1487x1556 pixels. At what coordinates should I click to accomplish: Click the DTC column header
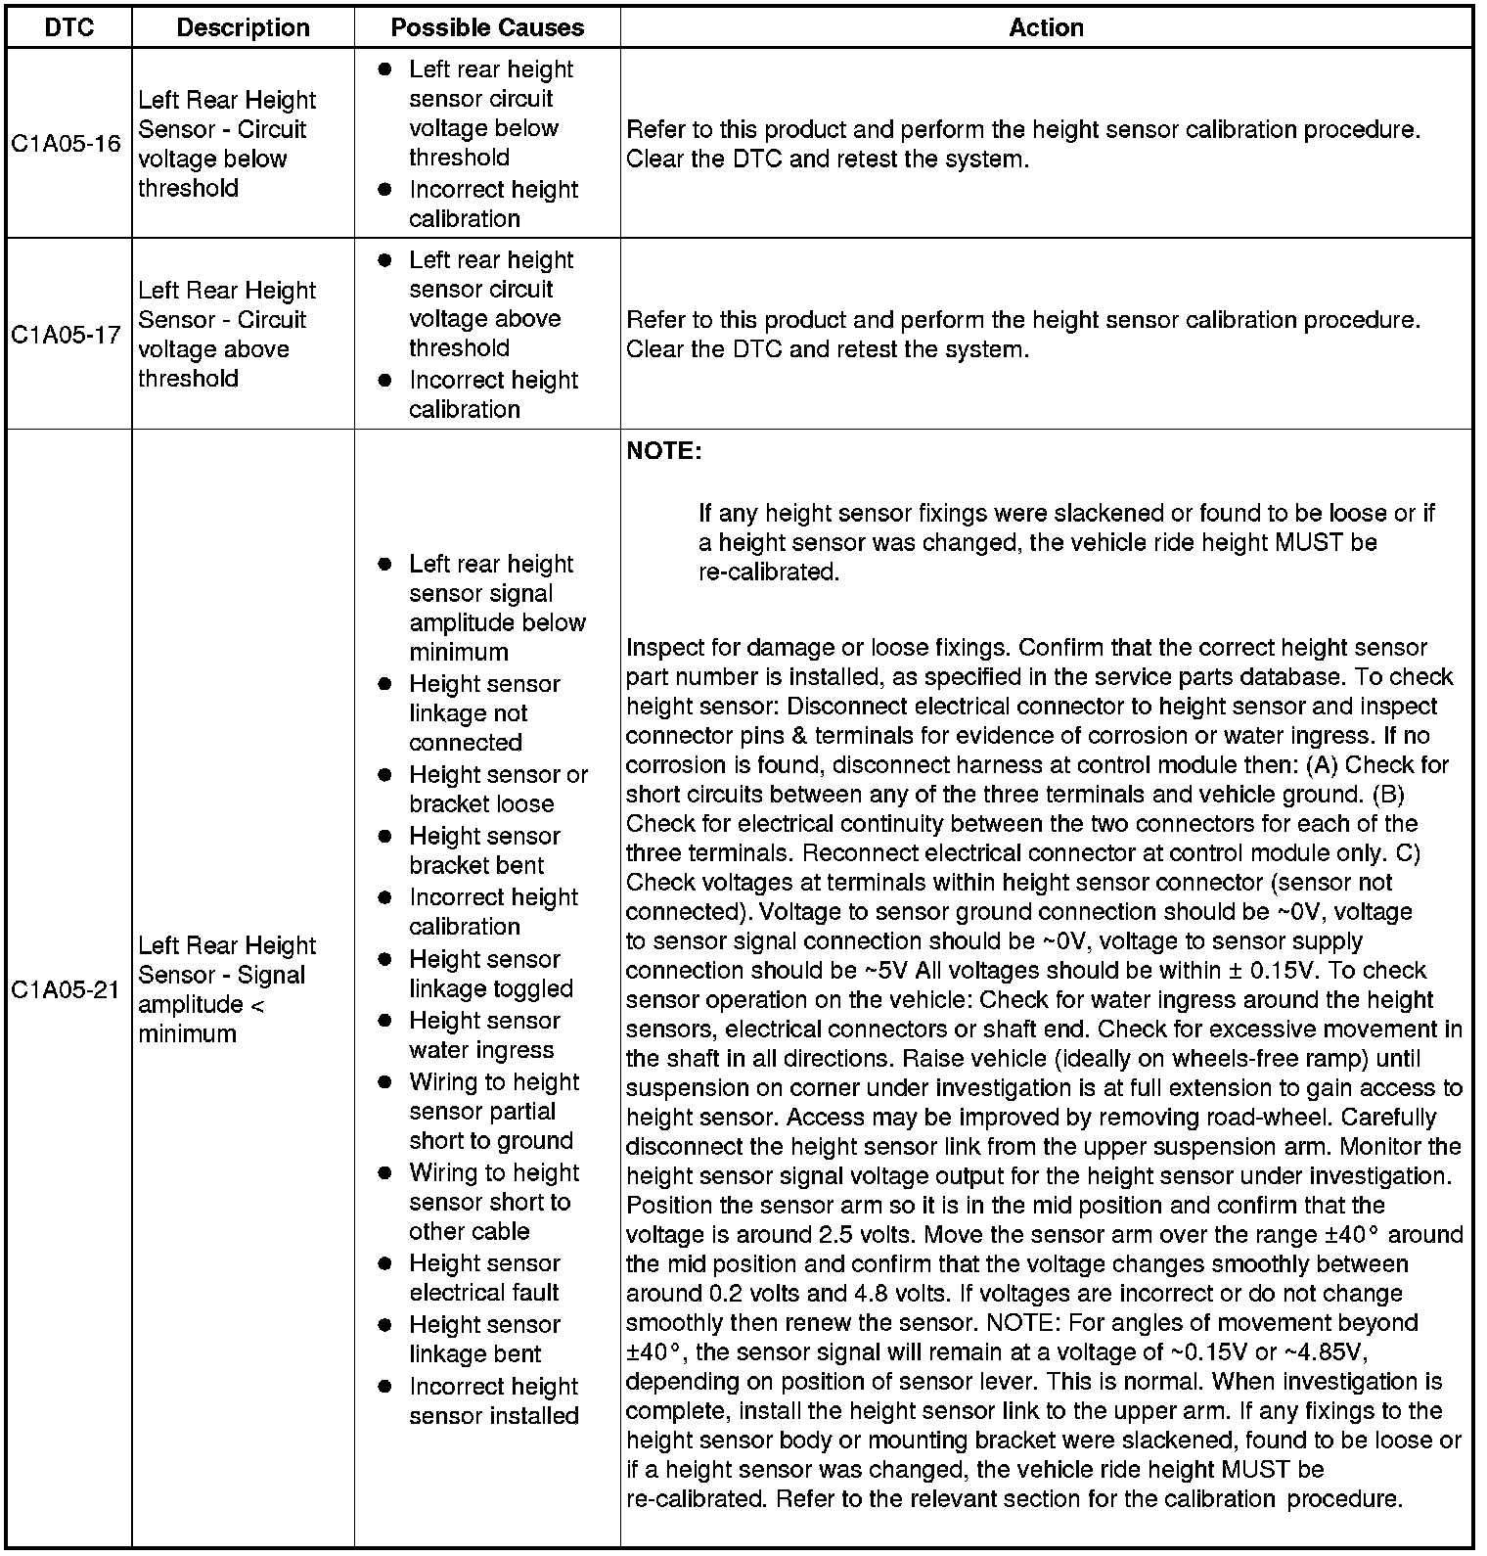69,27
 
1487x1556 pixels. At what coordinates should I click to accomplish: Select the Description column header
243,27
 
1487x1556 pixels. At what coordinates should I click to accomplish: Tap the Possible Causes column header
487,27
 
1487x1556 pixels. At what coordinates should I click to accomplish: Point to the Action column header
1046,27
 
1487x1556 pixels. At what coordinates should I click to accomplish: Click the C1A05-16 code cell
67,144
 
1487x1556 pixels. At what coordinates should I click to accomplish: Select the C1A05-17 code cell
67,335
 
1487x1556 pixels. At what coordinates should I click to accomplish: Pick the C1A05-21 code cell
67,989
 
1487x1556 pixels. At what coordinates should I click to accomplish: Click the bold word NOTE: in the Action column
663,451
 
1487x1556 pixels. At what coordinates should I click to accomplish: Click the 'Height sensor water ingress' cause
484,1035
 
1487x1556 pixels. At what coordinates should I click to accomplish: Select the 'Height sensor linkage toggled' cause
490,974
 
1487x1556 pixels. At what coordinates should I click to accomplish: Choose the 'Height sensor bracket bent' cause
484,850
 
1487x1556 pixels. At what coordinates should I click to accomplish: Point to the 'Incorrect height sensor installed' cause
494,1400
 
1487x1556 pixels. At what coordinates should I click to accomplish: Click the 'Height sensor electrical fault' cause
484,1277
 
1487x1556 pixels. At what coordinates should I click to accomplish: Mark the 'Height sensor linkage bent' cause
484,1339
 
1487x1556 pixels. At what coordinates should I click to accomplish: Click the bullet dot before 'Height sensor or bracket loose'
385,775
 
